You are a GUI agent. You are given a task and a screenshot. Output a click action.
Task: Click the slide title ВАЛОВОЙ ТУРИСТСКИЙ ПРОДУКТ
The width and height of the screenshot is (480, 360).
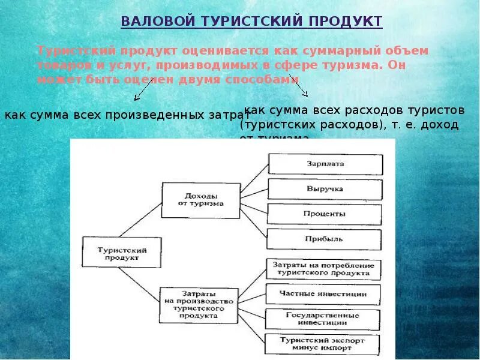(x=251, y=21)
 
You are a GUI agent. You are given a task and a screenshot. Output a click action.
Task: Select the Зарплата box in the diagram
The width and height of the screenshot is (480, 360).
(x=325, y=163)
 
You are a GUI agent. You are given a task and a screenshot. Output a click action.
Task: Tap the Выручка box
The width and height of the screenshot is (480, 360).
(x=325, y=188)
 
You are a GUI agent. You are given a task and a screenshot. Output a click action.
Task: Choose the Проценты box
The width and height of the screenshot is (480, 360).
(x=325, y=214)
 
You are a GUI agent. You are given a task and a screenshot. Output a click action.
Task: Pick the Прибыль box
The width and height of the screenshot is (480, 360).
(x=325, y=239)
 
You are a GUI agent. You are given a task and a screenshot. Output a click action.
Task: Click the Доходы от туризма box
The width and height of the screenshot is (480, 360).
(x=200, y=199)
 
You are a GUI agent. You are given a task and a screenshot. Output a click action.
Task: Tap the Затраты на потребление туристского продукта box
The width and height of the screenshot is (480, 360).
(x=323, y=269)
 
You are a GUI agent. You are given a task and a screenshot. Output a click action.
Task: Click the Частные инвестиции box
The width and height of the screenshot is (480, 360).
(x=323, y=294)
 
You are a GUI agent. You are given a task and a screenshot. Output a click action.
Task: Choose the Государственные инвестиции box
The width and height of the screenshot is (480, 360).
(x=323, y=319)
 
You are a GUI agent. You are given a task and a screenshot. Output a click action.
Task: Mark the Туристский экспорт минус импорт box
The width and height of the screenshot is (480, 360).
(x=323, y=344)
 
